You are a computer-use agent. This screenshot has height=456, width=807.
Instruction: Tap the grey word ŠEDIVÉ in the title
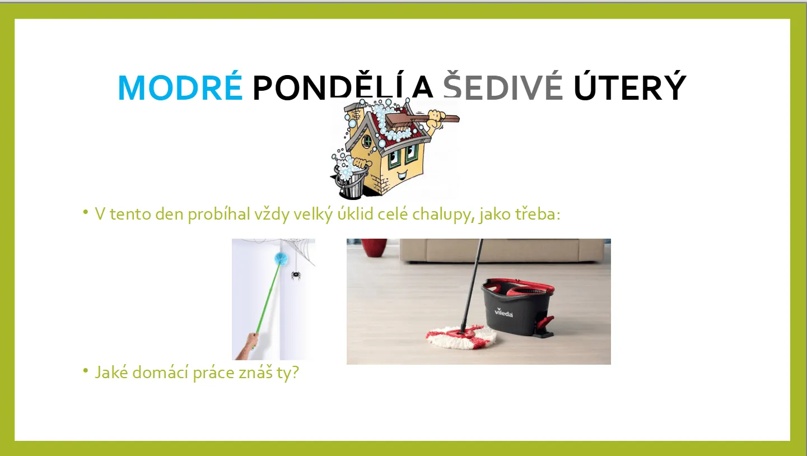[x=503, y=86]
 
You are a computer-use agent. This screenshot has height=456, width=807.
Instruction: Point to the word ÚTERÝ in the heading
[x=629, y=86]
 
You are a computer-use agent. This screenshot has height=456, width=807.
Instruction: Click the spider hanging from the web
[x=296, y=276]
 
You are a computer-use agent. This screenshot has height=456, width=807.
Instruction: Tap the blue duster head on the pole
[x=281, y=258]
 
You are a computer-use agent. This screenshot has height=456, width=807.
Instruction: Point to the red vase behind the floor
[x=374, y=247]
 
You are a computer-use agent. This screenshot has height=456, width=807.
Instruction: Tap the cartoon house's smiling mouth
[x=402, y=176]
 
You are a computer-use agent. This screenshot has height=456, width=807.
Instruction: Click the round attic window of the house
[x=367, y=141]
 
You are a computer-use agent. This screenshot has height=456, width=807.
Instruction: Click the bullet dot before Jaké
[x=85, y=370]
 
